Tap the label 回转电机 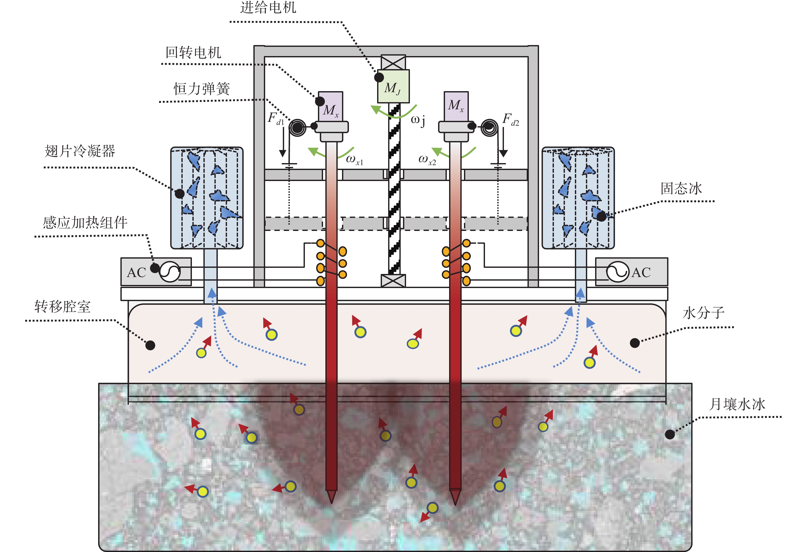tap(193, 52)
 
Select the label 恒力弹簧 tap(202, 89)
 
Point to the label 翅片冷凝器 tap(80, 151)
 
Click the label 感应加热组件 tap(85, 222)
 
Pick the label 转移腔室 tap(63, 307)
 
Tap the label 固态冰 tap(681, 188)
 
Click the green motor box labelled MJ tap(394, 86)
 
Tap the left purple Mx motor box tap(330, 107)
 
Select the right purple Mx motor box tap(456, 107)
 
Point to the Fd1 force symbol tap(276, 119)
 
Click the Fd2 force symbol tap(510, 120)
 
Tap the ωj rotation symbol tap(418, 120)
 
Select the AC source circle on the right tap(618, 271)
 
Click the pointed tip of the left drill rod tap(331, 503)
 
